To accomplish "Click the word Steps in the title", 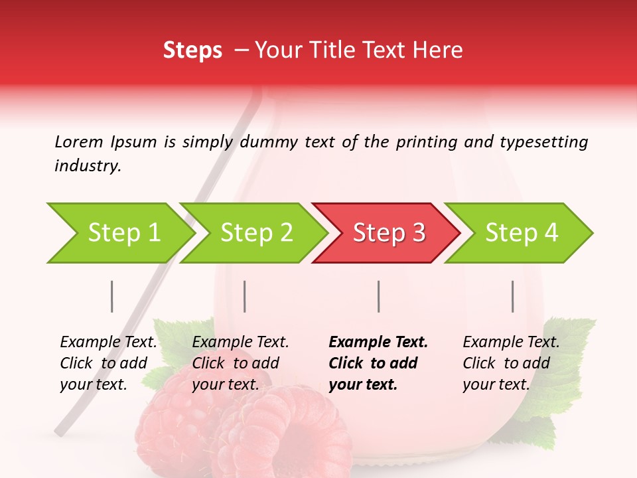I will (x=192, y=50).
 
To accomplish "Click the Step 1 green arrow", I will (x=123, y=233).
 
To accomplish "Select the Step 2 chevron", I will (x=256, y=233).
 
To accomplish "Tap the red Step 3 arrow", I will (x=389, y=233).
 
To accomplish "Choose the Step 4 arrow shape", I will (x=522, y=233).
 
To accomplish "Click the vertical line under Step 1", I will (x=112, y=296).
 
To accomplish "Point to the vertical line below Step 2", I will (x=245, y=296).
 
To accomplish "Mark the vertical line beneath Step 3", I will (x=379, y=296).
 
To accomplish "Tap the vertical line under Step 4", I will (x=513, y=296).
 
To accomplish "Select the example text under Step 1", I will (x=108, y=363).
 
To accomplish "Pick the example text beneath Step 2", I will (x=240, y=363).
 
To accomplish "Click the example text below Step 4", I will (x=511, y=363).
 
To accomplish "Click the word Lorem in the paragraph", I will (x=79, y=141).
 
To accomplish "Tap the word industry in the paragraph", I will (x=88, y=166).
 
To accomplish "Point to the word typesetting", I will (x=544, y=142).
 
